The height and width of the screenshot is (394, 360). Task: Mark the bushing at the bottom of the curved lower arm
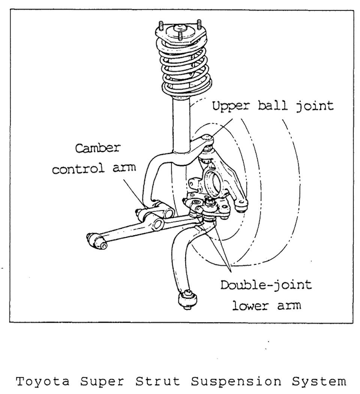[186, 300]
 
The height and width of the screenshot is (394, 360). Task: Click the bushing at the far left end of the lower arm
[97, 241]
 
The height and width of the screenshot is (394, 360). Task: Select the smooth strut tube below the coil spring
[181, 124]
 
